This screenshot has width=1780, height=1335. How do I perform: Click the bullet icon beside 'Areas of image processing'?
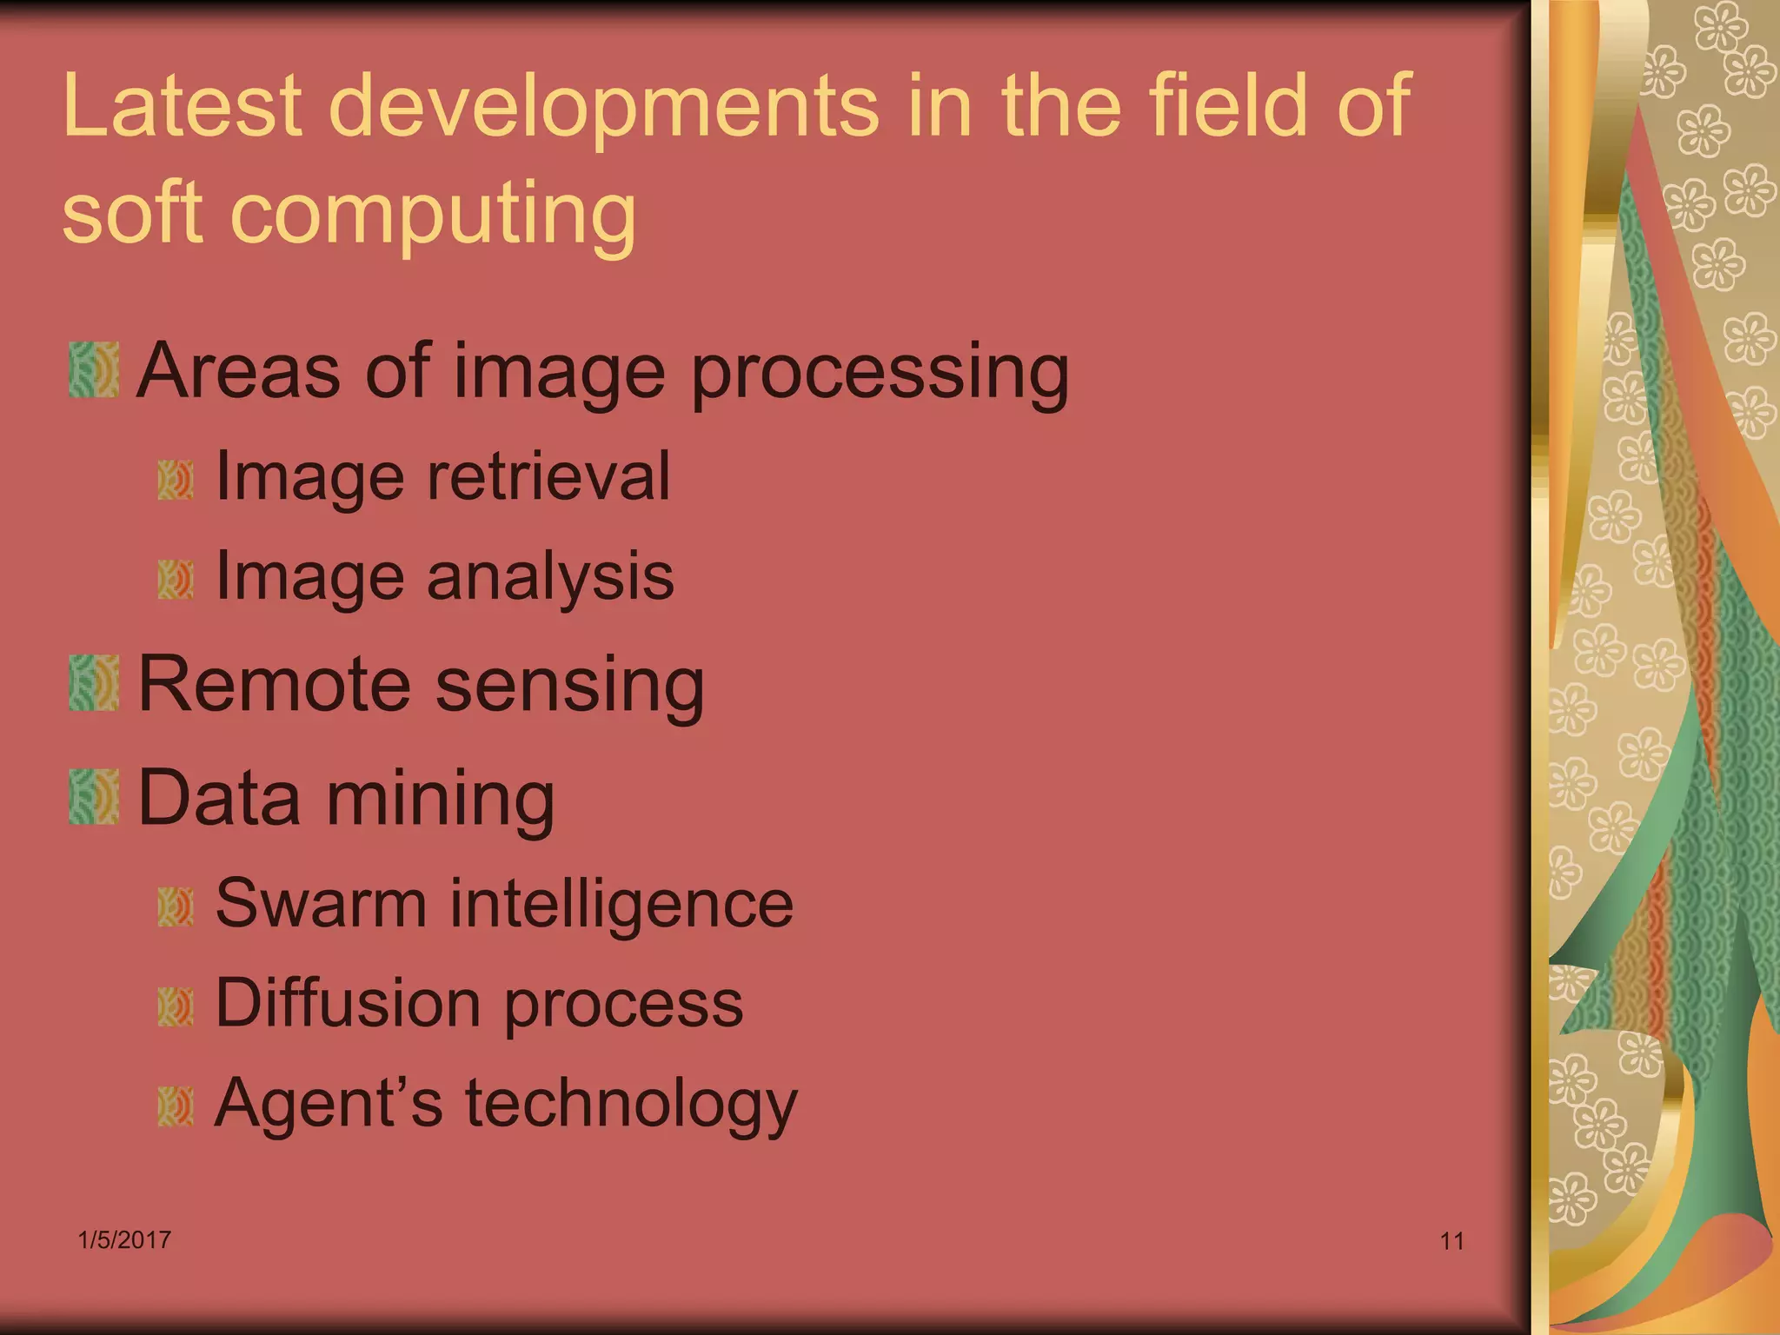click(x=94, y=370)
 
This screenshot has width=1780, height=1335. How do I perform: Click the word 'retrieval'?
click(x=548, y=476)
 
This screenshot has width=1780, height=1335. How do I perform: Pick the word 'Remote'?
click(x=273, y=684)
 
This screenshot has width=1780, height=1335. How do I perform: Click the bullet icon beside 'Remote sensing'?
click(x=94, y=684)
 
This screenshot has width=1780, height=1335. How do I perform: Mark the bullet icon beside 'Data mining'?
click(x=94, y=797)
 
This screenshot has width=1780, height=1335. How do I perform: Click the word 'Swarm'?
click(x=320, y=903)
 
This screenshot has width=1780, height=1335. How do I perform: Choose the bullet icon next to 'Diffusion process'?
click(x=176, y=1006)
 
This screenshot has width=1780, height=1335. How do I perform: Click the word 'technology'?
click(x=631, y=1105)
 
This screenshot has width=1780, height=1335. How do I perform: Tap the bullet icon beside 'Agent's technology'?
click(x=176, y=1106)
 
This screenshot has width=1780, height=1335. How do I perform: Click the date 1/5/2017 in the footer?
click(x=124, y=1240)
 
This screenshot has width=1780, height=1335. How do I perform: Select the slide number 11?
click(x=1452, y=1241)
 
